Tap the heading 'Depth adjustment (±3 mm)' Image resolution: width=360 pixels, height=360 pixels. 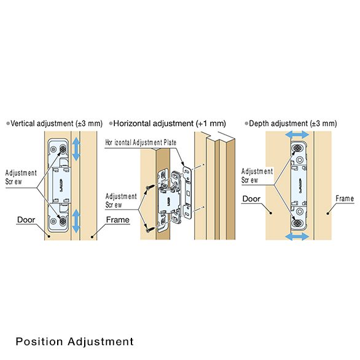click(292, 123)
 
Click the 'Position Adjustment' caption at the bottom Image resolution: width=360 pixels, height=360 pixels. click(74, 341)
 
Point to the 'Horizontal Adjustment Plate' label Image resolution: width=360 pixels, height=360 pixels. click(141, 142)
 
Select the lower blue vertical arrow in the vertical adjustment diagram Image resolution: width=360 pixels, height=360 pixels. click(76, 220)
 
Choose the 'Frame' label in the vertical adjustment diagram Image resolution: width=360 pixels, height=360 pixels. click(117, 219)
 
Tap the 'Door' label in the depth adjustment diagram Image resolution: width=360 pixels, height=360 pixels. click(251, 198)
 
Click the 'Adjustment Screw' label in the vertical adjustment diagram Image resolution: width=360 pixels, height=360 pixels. click(21, 178)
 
